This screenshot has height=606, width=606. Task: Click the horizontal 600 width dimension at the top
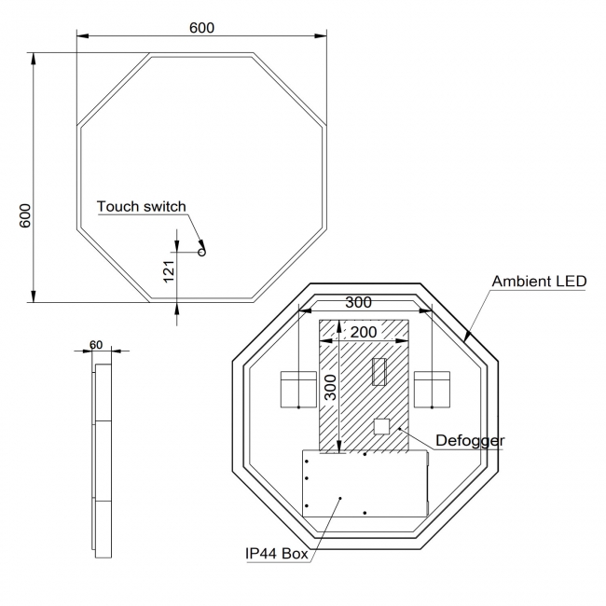coord(201,28)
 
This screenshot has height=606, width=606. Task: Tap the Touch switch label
coord(141,206)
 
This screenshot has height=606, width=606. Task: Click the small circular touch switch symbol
coord(200,252)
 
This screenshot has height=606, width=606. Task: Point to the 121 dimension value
coord(168,270)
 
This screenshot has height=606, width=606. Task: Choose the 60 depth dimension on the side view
coord(96,344)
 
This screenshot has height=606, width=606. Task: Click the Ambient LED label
coord(538,281)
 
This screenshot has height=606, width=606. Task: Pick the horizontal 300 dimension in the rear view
coord(359,302)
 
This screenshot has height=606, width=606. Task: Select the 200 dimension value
coord(364,332)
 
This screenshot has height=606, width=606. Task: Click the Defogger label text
coord(471,439)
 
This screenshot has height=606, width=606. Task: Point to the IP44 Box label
coord(276,553)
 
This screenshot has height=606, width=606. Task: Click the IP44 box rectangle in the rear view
coord(365,483)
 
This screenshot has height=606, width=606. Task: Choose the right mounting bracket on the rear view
coord(433,389)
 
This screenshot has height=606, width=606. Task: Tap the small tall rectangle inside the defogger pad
coord(379,372)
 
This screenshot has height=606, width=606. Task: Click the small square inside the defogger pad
coord(381,427)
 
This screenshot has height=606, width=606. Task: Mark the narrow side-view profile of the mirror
coord(101,461)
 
